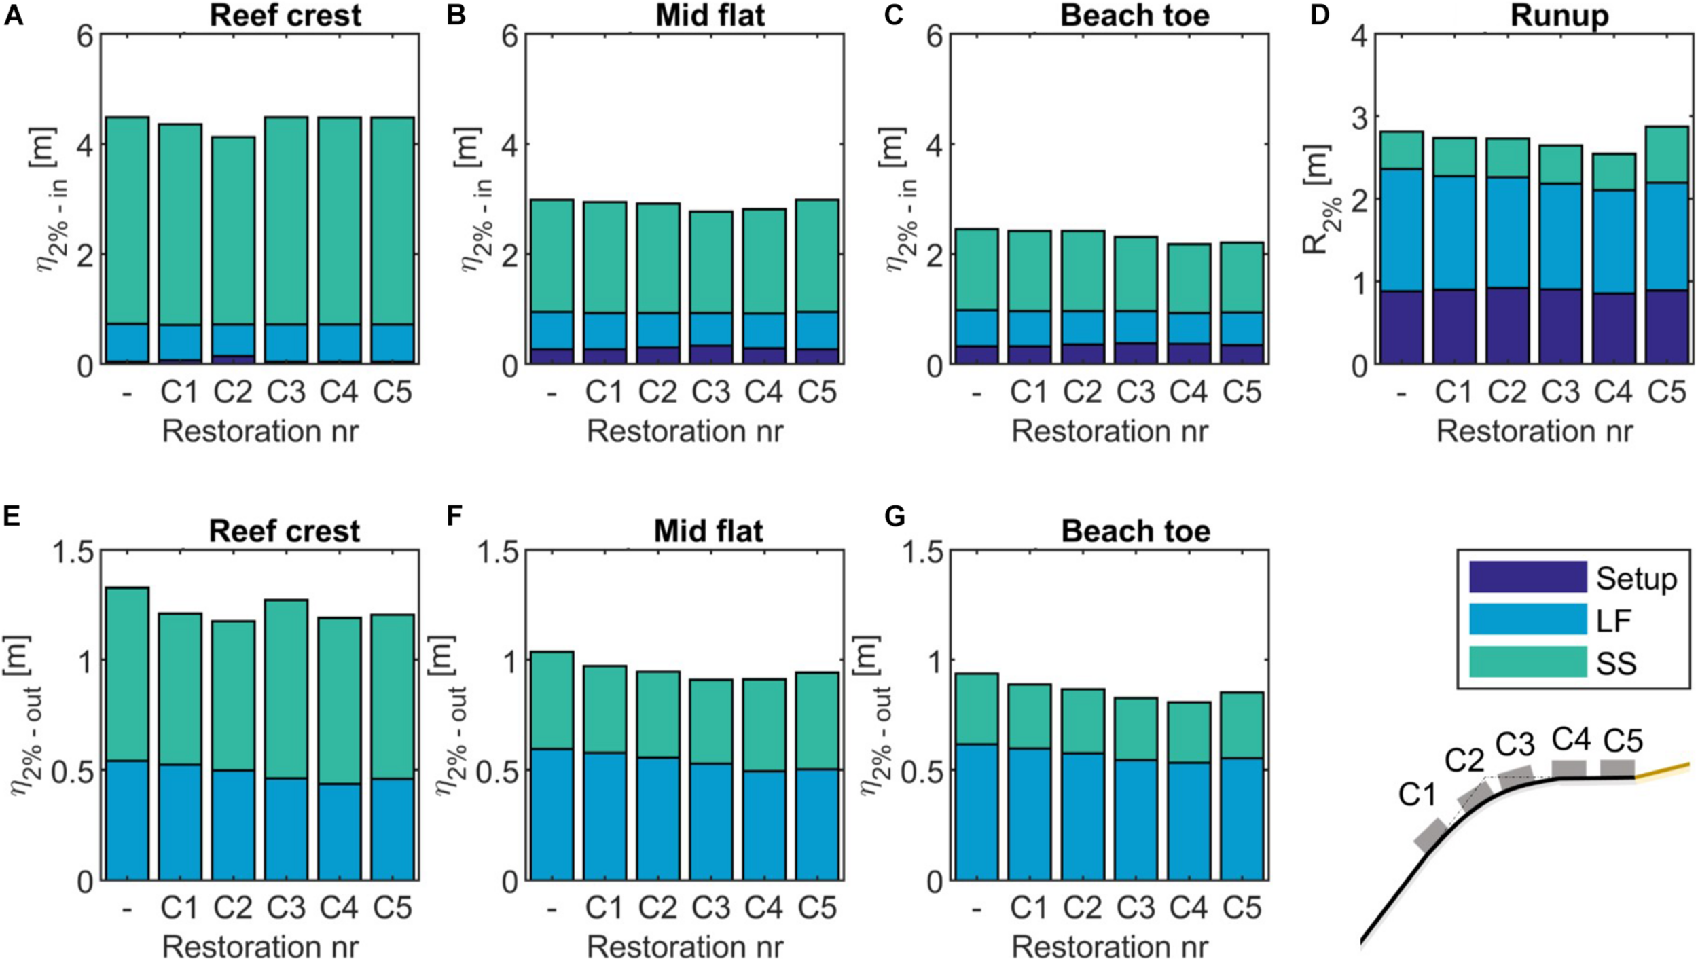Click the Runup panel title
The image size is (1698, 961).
(1559, 16)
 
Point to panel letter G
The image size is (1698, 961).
(895, 517)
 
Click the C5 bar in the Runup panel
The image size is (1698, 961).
(1667, 244)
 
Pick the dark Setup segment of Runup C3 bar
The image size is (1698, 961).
(1560, 327)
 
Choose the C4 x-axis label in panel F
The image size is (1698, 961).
(763, 907)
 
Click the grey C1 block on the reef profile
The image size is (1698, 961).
(1430, 835)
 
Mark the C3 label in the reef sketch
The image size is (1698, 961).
(1515, 746)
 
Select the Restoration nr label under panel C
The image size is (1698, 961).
(1110, 431)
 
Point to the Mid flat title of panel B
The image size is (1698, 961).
(710, 16)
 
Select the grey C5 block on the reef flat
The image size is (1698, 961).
(1617, 769)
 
